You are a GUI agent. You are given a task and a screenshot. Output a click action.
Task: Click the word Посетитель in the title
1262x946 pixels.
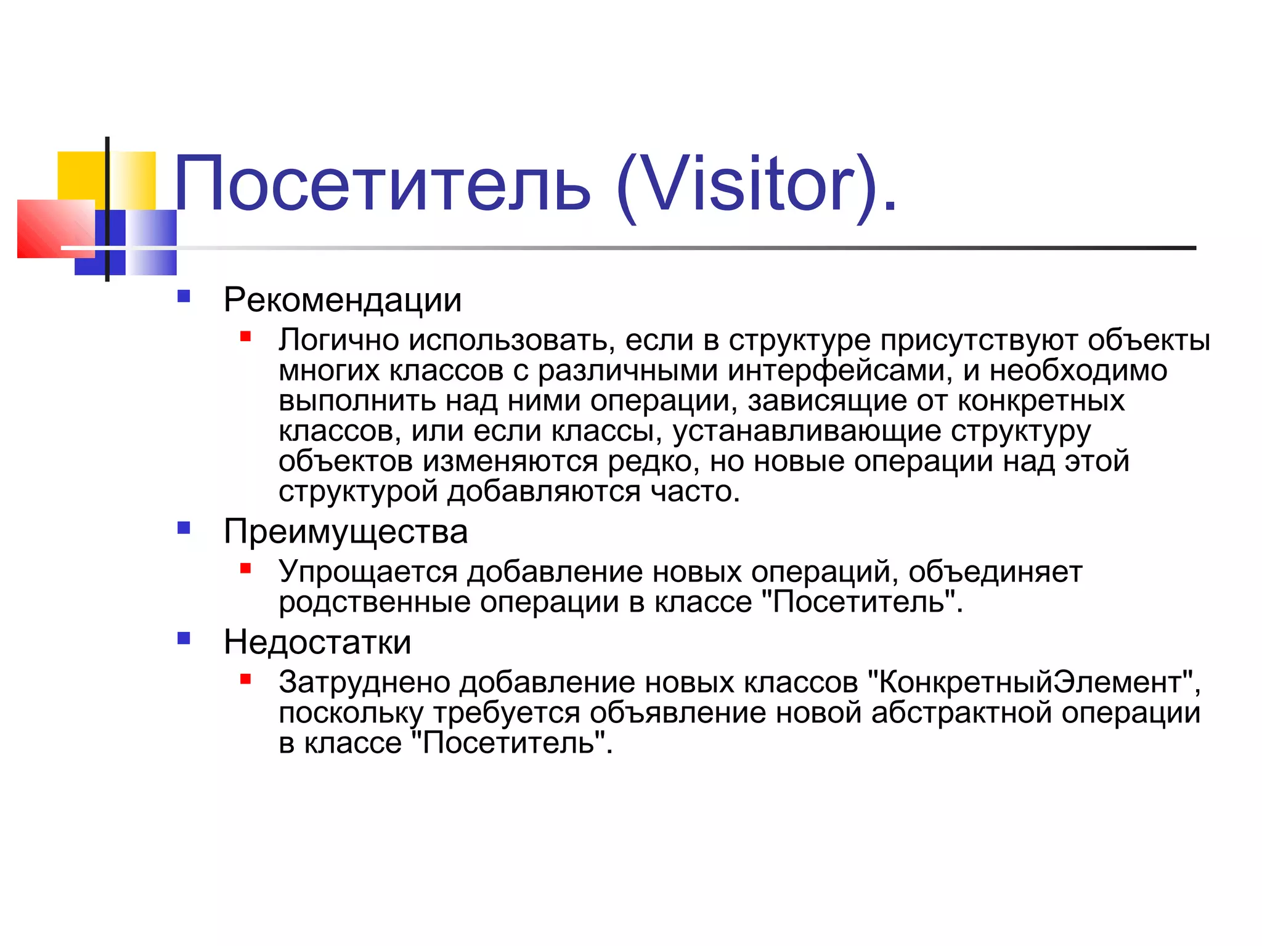[x=382, y=184]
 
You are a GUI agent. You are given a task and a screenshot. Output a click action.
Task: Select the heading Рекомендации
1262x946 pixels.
[x=343, y=301]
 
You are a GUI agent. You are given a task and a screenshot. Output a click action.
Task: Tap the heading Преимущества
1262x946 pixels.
[x=346, y=532]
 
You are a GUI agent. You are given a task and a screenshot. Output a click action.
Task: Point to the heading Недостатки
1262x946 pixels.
[x=317, y=642]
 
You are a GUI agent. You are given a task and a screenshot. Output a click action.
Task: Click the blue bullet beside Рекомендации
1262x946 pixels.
[x=184, y=296]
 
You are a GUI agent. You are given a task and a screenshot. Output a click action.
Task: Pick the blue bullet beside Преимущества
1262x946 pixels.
[x=184, y=528]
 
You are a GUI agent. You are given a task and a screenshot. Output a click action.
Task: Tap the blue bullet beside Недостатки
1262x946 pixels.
[x=184, y=638]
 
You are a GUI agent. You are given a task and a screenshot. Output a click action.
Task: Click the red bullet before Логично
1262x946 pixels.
[x=246, y=336]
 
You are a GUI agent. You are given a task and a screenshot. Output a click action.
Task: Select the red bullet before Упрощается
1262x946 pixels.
[x=246, y=568]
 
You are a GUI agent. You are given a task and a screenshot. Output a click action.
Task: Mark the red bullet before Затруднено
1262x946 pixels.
[x=246, y=679]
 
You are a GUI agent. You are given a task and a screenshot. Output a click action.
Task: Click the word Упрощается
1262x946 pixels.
[x=368, y=572]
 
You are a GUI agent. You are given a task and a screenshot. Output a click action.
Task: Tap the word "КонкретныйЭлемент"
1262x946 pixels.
[x=1031, y=682]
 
